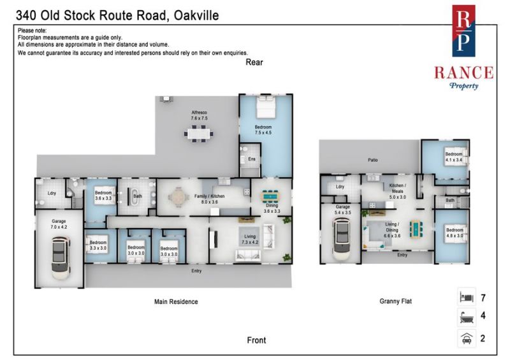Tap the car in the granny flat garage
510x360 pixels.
pyautogui.click(x=342, y=239)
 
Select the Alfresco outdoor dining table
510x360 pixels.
pyautogui.click(x=199, y=134)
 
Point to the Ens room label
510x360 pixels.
pyautogui.click(x=252, y=159)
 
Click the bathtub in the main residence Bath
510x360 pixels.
pyautogui.click(x=133, y=196)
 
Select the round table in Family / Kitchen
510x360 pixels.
pyautogui.click(x=178, y=197)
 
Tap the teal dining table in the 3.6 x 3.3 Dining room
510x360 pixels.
pyautogui.click(x=270, y=196)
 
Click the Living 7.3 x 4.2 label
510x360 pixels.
pyautogui.click(x=250, y=240)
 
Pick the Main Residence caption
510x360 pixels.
pyautogui.click(x=176, y=302)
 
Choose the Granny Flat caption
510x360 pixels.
pyautogui.click(x=395, y=301)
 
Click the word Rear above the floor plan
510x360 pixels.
pyautogui.click(x=254, y=62)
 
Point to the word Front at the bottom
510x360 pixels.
pyautogui.click(x=256, y=340)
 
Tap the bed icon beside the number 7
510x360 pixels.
pyautogui.click(x=467, y=297)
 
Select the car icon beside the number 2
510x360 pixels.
pyautogui.click(x=467, y=338)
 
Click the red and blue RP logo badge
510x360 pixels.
pyautogui.click(x=463, y=31)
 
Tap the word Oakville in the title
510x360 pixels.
pyautogui.click(x=196, y=15)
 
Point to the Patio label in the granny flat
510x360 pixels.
pyautogui.click(x=373, y=160)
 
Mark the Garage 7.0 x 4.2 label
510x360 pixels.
pyautogui.click(x=59, y=224)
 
